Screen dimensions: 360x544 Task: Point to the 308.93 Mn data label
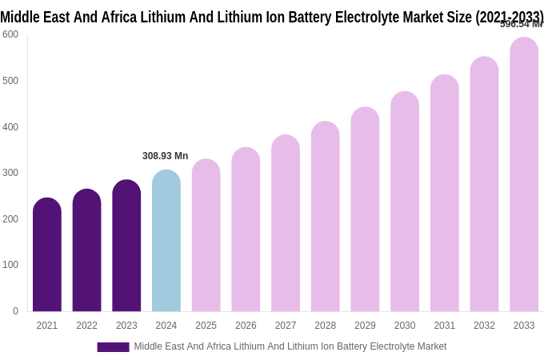tap(165, 156)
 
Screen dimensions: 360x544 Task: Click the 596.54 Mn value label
tap(521, 25)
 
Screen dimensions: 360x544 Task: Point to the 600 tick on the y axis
tap(10, 34)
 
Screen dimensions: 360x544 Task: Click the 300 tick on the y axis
tap(10, 173)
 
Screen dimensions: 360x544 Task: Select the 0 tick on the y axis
tap(15, 311)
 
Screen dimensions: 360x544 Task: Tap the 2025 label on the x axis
tap(206, 326)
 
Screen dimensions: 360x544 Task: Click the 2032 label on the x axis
tap(484, 326)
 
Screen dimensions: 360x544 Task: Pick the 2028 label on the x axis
tap(325, 326)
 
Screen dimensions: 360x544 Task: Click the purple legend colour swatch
tap(113, 347)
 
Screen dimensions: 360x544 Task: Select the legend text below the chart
tap(290, 346)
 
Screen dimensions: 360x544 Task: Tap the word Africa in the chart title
tap(118, 17)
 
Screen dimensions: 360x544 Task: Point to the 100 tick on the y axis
tap(10, 265)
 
